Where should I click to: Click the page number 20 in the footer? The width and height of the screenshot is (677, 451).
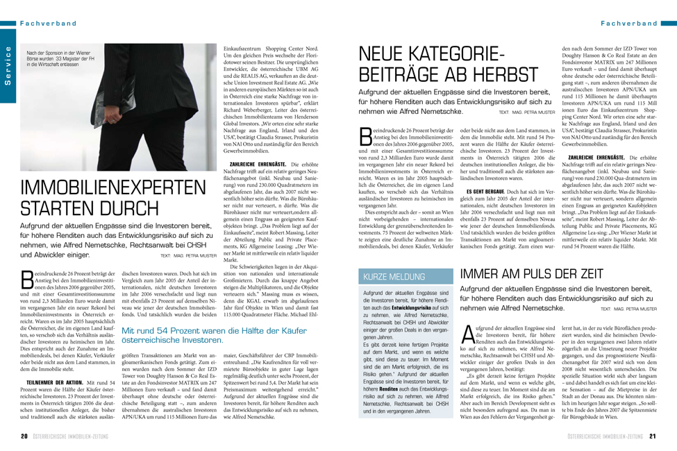[23, 437]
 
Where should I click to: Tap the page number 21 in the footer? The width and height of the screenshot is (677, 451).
[653, 437]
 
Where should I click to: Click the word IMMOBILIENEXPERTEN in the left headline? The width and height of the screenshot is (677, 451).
[97, 171]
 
